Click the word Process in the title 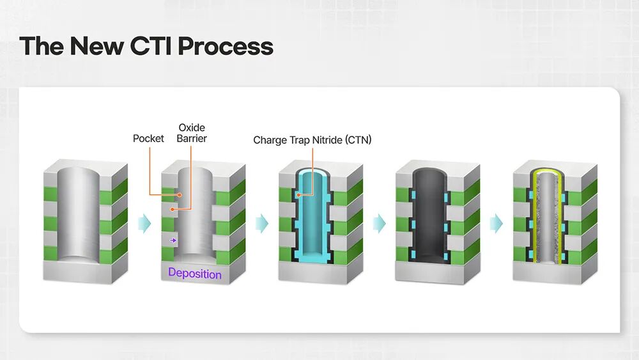[x=226, y=46]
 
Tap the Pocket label [x=148, y=139]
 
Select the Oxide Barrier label [x=192, y=133]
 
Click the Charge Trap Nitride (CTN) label [x=312, y=140]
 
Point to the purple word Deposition [x=195, y=274]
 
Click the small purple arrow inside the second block [x=173, y=240]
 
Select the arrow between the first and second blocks [x=144, y=223]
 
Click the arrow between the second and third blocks [x=262, y=223]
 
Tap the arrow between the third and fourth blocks [x=380, y=223]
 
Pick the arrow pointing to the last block [x=497, y=223]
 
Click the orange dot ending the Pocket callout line [x=180, y=195]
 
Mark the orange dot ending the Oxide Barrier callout [x=173, y=209]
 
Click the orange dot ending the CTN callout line [x=298, y=195]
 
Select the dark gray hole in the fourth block [x=430, y=216]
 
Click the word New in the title [x=96, y=45]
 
